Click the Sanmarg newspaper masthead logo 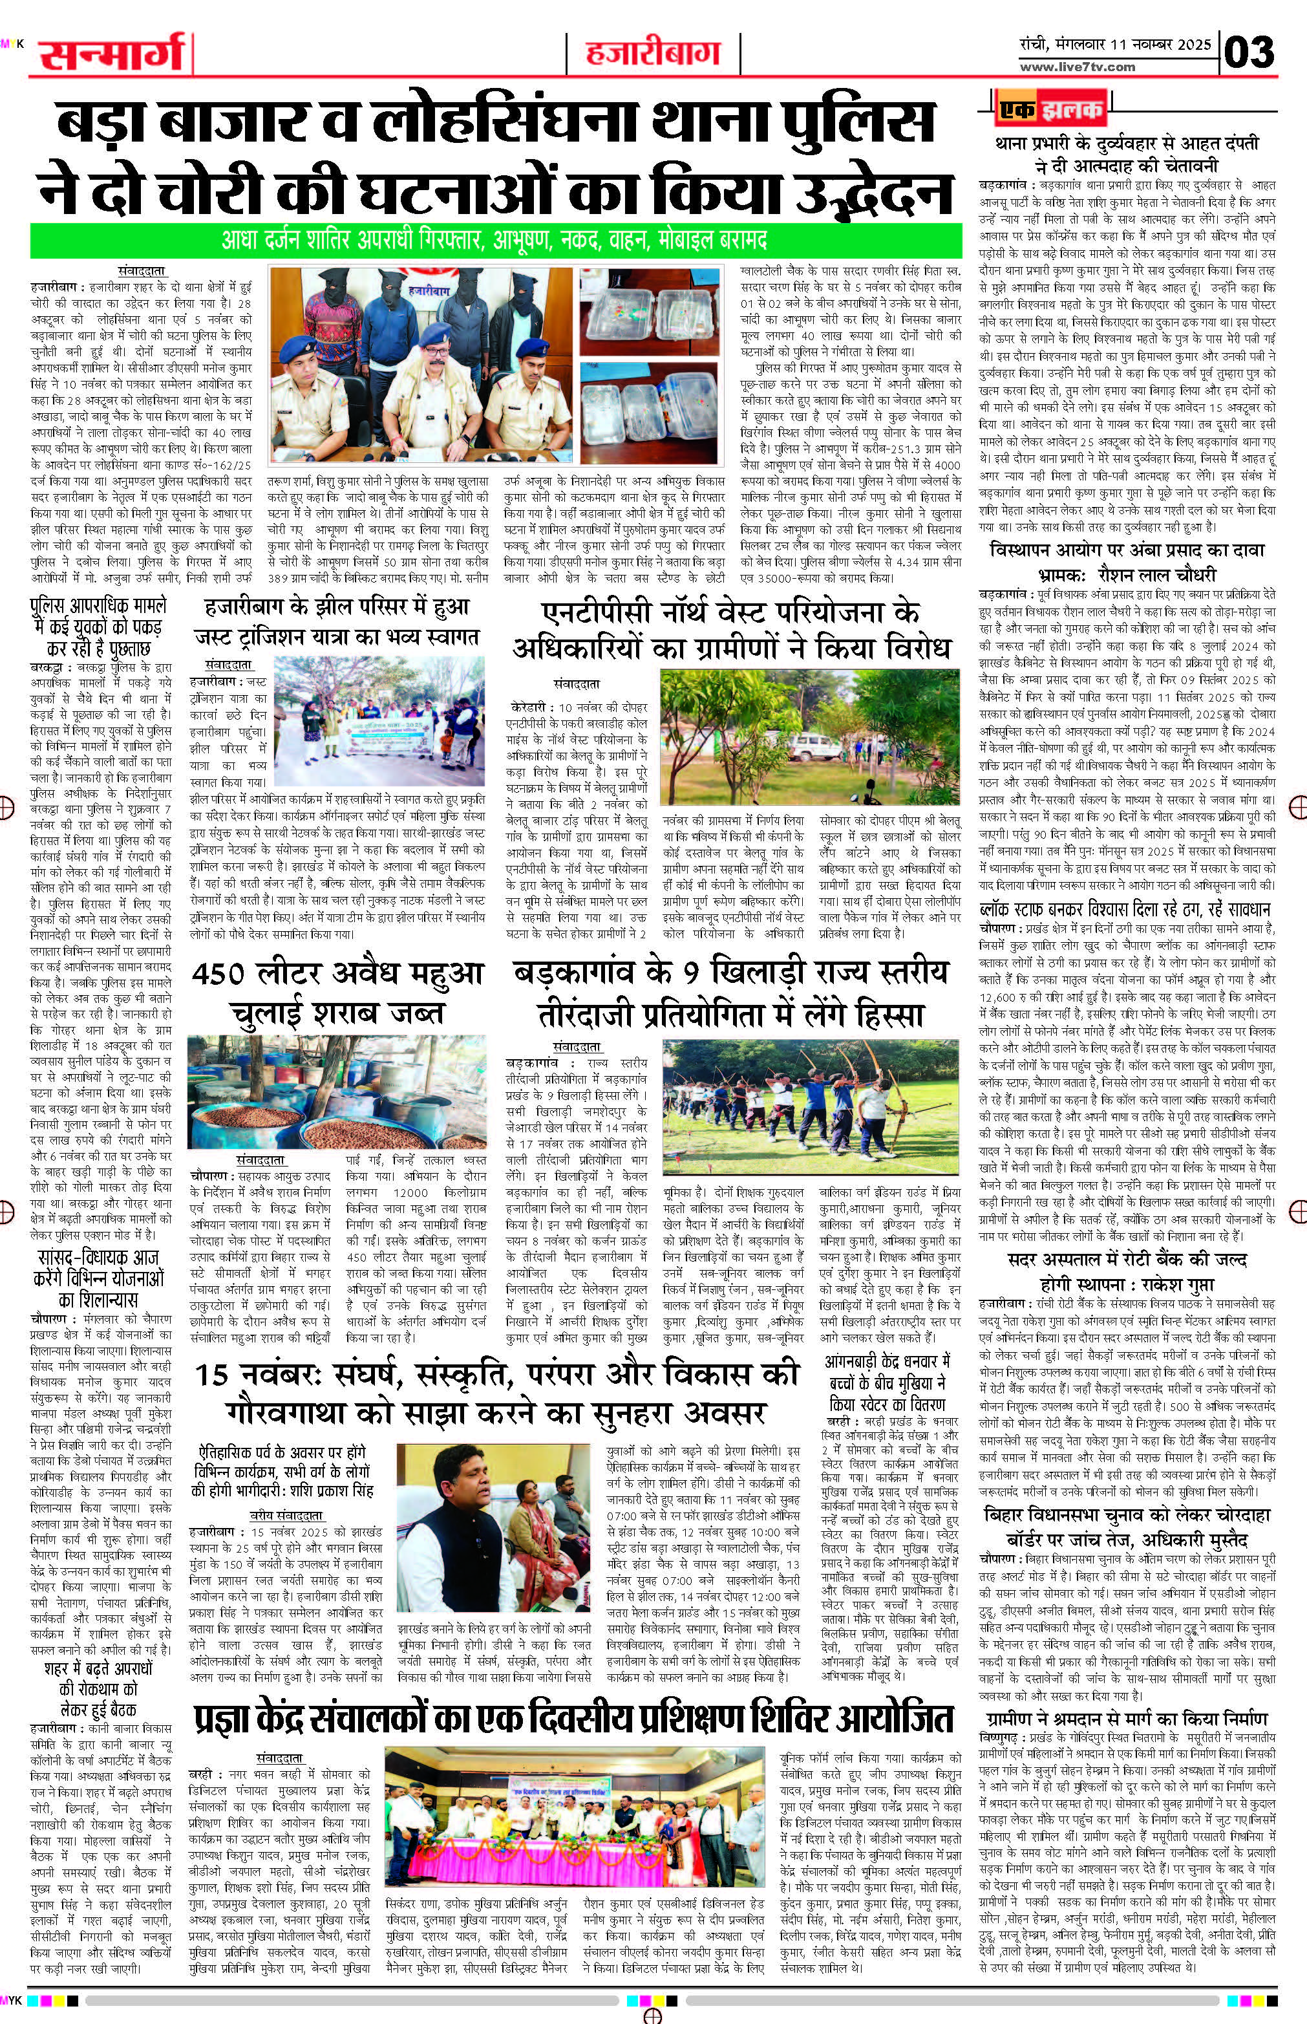[x=111, y=55]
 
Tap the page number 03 [x=1249, y=52]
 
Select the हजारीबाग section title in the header [x=652, y=54]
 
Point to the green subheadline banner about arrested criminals [x=496, y=241]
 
